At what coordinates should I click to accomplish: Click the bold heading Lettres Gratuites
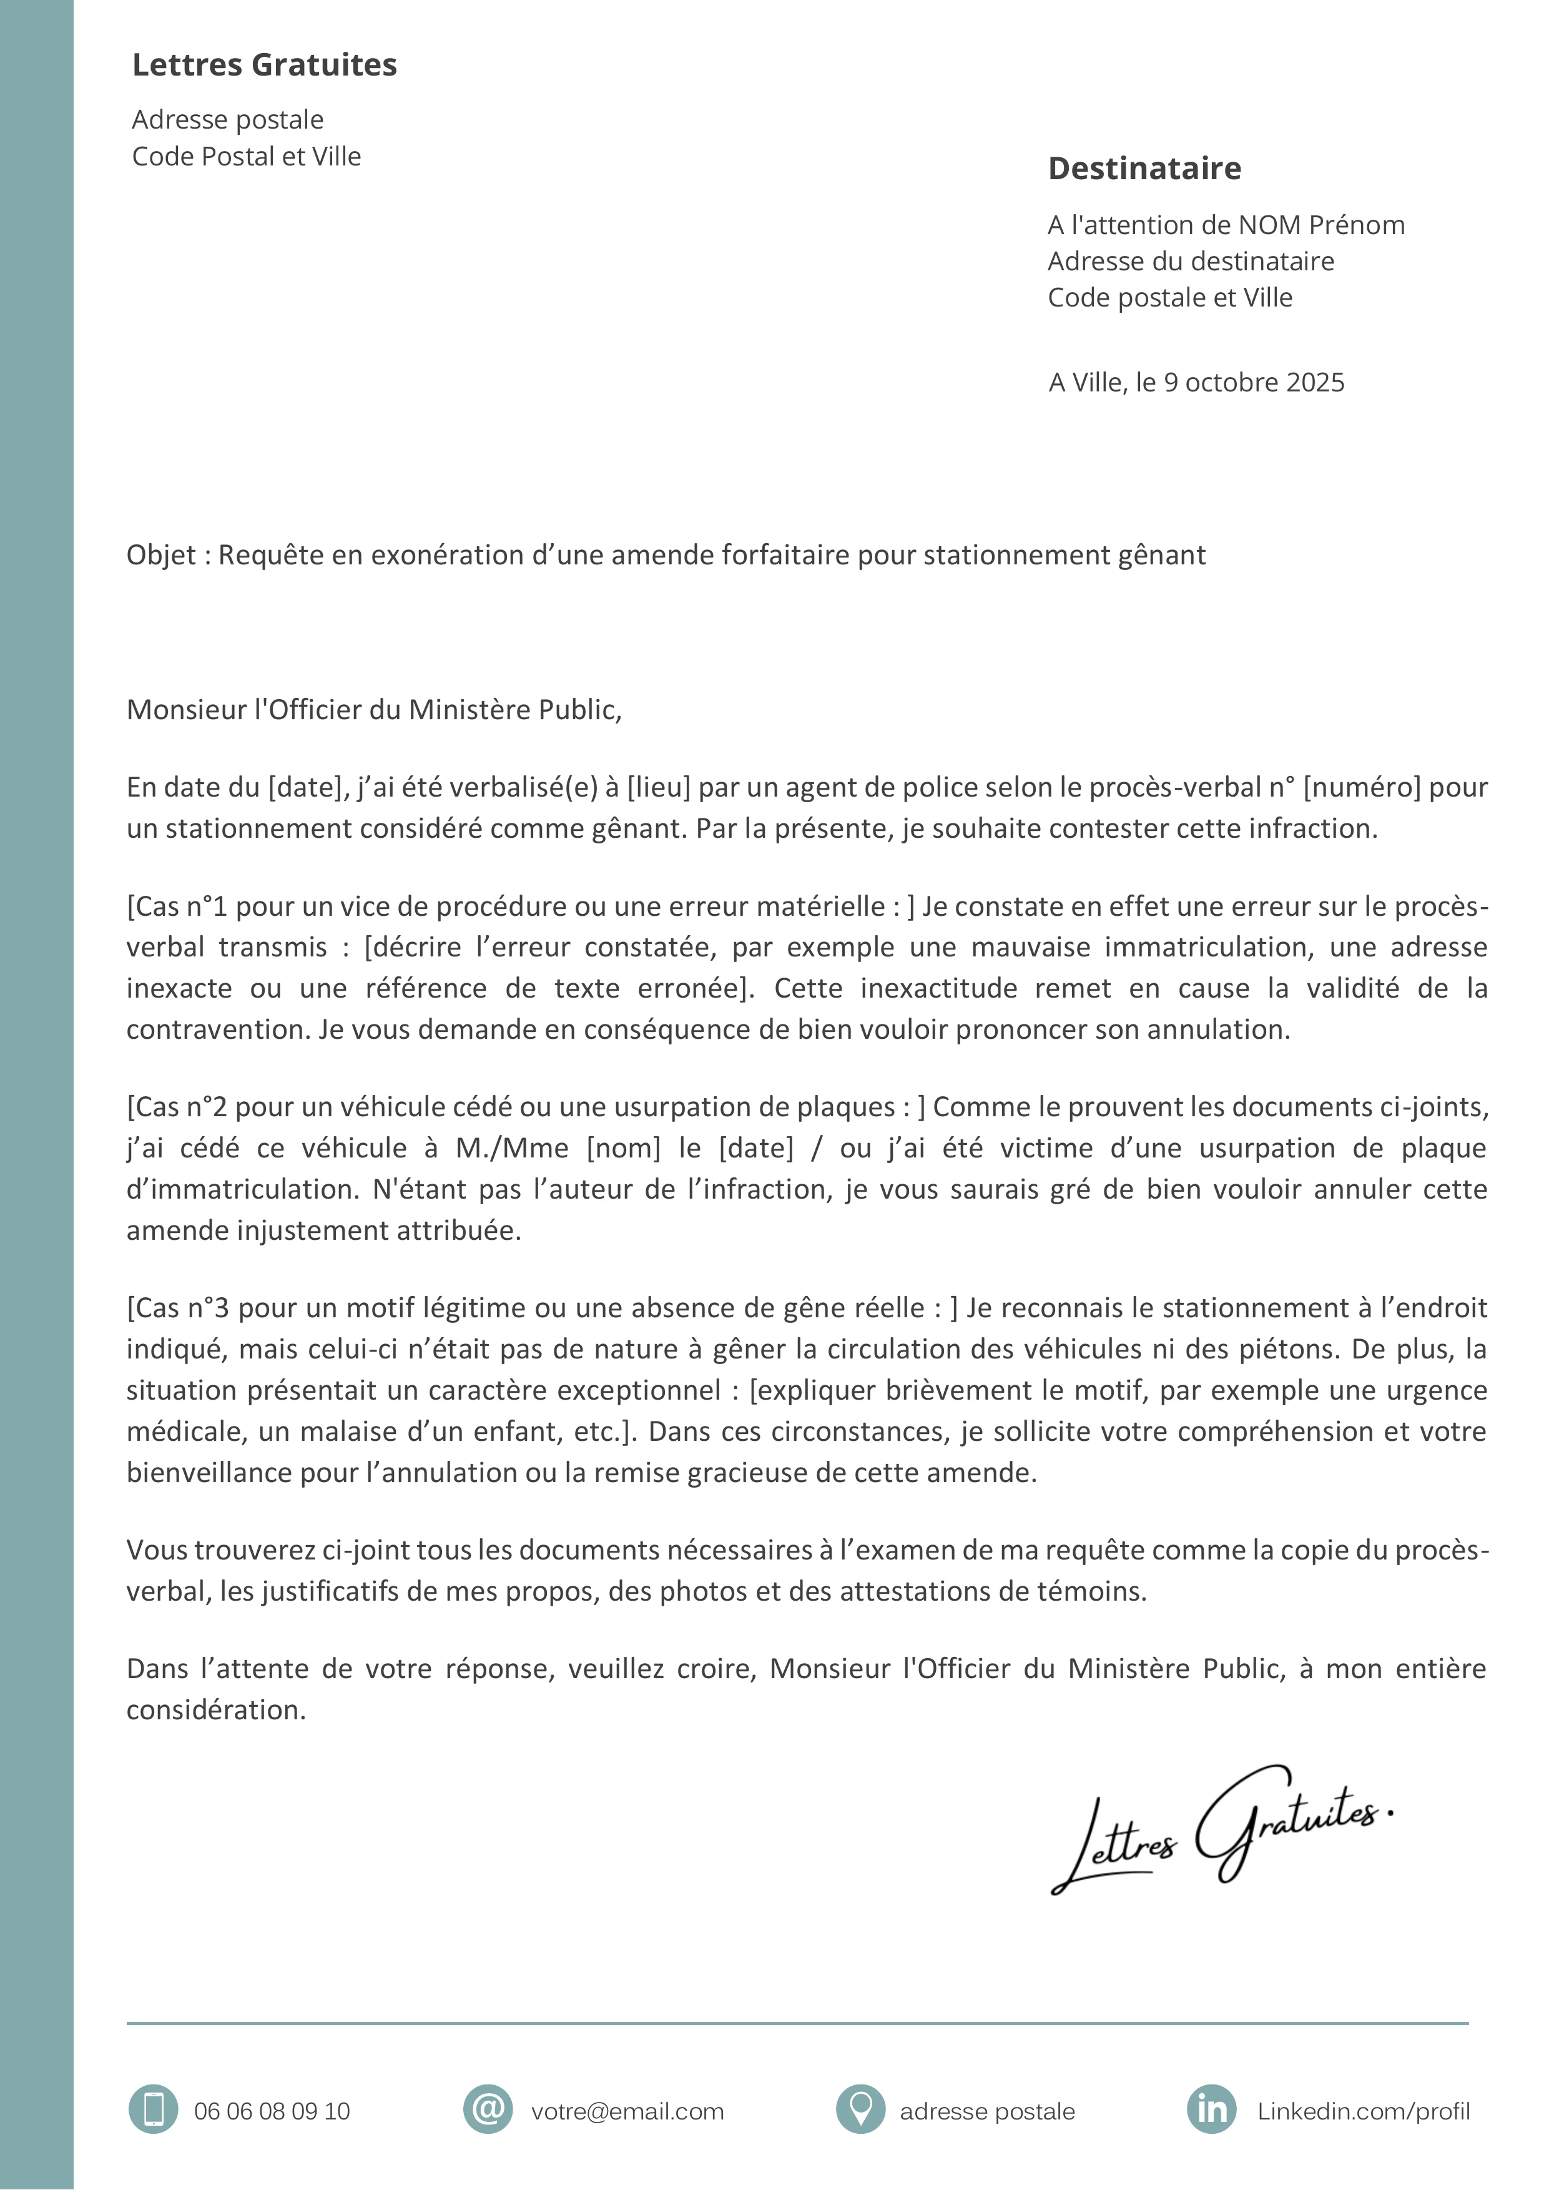[264, 65]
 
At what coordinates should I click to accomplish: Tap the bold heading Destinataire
[1144, 169]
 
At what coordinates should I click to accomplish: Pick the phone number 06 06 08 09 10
[272, 2112]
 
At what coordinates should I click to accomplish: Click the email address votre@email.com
[627, 2112]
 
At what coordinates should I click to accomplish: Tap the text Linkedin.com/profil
[1363, 2112]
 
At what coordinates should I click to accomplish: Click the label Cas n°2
[181, 1107]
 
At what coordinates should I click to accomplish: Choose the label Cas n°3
[181, 1309]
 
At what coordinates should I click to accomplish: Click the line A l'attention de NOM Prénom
[1226, 225]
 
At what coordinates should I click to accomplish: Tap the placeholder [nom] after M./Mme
[623, 1149]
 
